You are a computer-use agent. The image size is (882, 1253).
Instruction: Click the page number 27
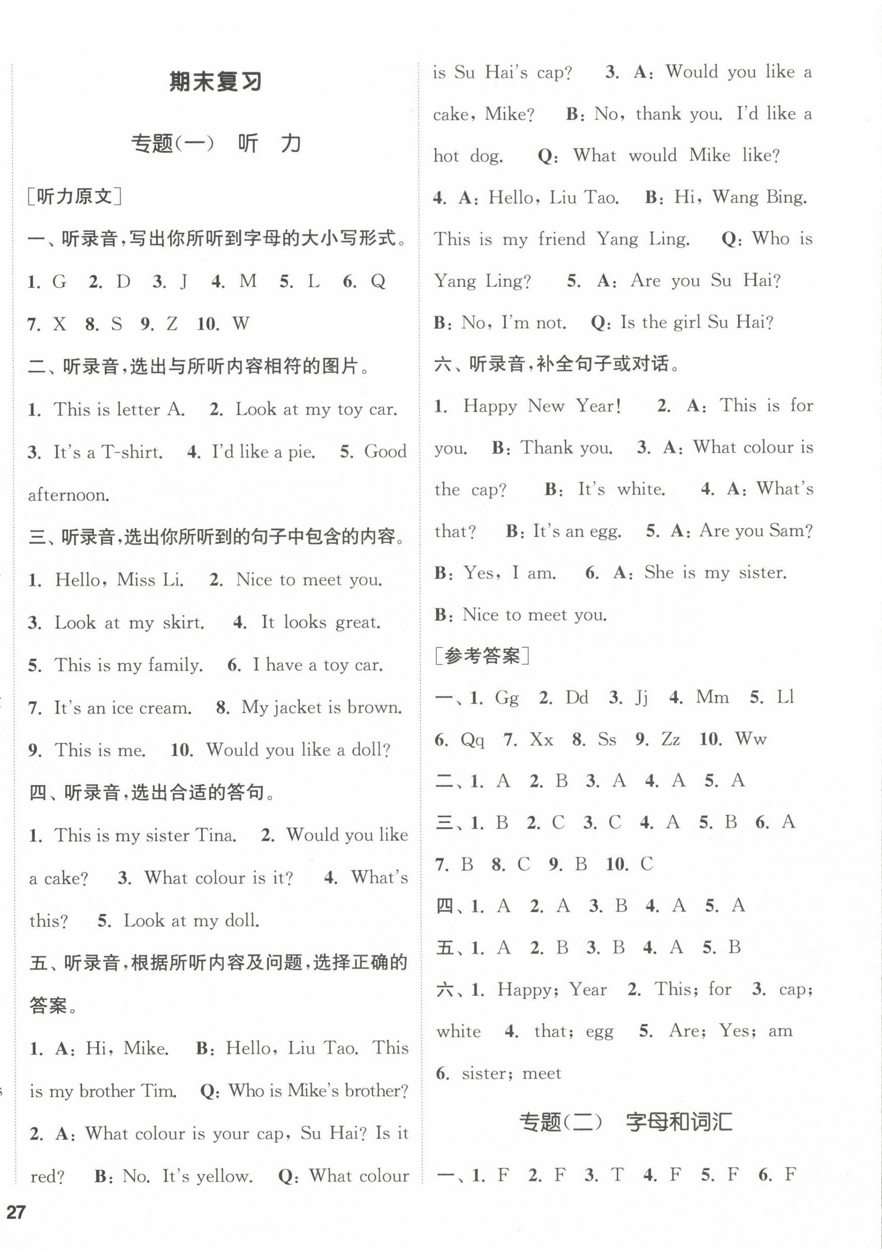[x=16, y=1211]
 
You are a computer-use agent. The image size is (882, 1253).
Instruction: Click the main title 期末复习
[x=216, y=82]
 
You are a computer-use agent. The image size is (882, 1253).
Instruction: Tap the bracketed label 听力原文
[x=74, y=196]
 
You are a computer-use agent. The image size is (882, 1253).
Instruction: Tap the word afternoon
[x=69, y=495]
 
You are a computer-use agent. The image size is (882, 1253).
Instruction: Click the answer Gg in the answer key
[x=507, y=698]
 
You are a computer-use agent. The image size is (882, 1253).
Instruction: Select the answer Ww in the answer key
[x=751, y=739]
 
